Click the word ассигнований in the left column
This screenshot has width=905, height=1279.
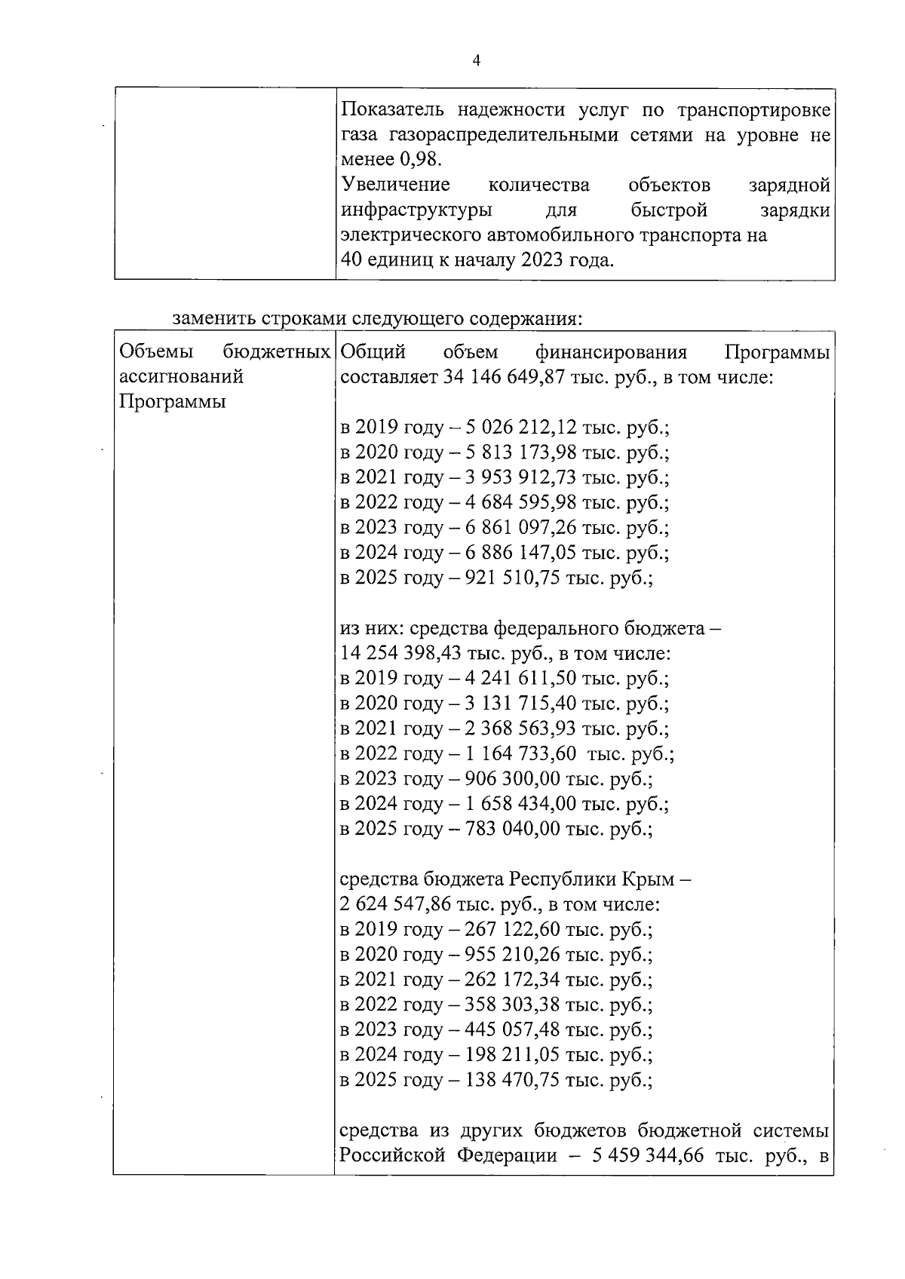[181, 376]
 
